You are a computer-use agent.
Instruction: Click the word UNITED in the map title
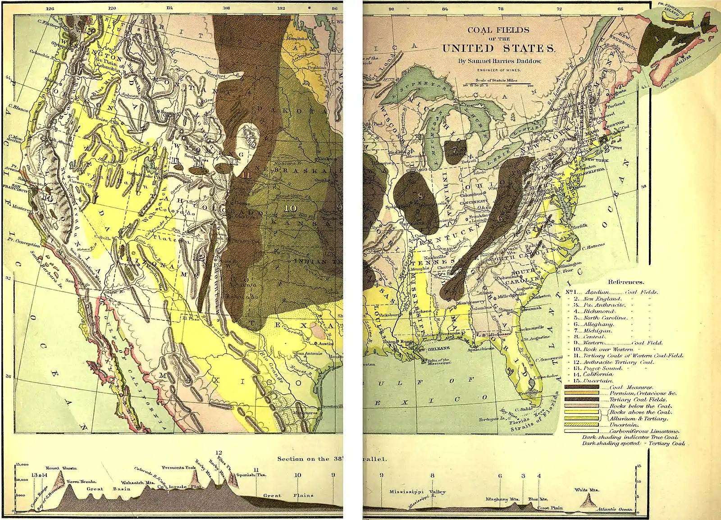[466, 49]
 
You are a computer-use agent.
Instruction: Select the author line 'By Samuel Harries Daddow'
[498, 61]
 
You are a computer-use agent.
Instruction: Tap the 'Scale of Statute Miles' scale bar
[498, 84]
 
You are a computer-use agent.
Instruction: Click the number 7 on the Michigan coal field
[455, 150]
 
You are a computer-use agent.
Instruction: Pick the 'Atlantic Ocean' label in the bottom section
[615, 510]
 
